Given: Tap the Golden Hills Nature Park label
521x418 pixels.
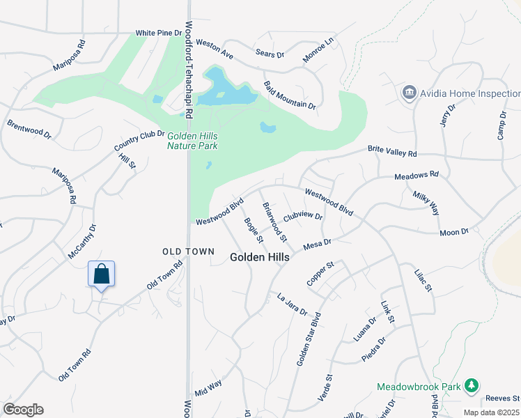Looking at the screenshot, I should (192, 141).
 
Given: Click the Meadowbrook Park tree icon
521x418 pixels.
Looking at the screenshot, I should (472, 385).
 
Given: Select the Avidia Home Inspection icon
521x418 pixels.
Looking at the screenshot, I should (409, 93).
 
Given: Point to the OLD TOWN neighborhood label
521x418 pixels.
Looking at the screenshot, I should (182, 251).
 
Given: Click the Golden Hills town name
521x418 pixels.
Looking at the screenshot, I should (260, 257).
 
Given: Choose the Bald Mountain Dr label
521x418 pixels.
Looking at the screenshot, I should (290, 95).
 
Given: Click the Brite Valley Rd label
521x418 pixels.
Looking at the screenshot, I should (392, 152).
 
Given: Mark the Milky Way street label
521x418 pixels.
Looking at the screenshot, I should (426, 203).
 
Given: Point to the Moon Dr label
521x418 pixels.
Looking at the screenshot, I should (455, 231).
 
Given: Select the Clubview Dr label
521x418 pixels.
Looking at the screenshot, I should (303, 216).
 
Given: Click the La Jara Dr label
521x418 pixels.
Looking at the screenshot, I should (292, 304).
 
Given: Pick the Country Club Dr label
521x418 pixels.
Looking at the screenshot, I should (139, 141).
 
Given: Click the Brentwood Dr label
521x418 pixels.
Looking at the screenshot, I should (29, 130).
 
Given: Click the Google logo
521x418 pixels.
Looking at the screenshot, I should (23, 410).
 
